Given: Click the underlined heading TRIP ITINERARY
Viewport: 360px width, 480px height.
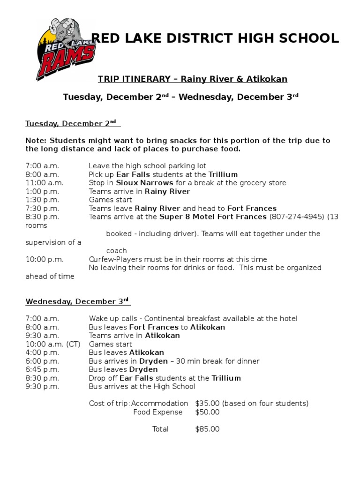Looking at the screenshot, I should [192, 79].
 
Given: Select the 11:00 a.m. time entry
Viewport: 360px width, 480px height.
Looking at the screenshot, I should [45, 183].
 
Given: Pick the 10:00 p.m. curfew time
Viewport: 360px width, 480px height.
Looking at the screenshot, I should [45, 259].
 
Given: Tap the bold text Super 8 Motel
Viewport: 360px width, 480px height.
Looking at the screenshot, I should [186, 217].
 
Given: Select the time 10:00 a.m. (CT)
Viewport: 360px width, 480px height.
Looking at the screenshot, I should [53, 344].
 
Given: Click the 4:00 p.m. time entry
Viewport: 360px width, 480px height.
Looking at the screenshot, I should [42, 352].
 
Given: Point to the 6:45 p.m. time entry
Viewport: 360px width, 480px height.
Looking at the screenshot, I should [42, 369].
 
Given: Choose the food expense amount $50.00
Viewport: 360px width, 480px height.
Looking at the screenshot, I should [207, 412].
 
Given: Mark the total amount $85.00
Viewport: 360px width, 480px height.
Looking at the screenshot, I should [207, 429].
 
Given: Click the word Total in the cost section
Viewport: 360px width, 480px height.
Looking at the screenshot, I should [160, 429].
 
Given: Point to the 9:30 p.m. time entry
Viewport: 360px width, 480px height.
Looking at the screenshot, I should [42, 386].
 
